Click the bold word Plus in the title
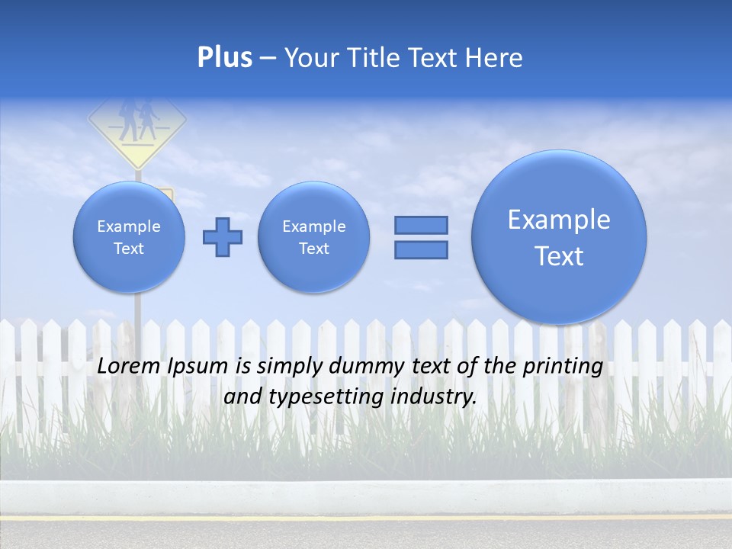224,58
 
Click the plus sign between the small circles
223,236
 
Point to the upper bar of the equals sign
421,225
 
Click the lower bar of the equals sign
421,249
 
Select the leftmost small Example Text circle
129,236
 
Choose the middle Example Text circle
314,236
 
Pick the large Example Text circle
559,236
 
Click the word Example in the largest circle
559,220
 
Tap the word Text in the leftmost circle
129,249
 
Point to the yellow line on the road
366,517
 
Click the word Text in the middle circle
314,249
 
